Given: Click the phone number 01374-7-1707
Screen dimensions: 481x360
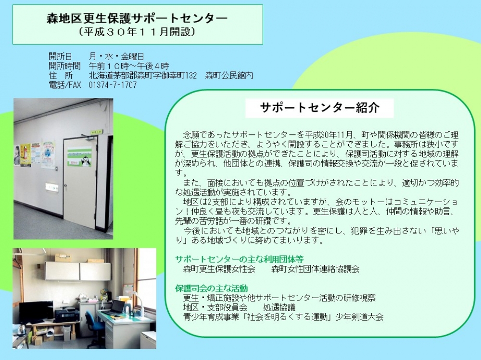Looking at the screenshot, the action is click(x=113, y=85).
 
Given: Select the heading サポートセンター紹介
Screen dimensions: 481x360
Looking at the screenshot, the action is click(x=320, y=108).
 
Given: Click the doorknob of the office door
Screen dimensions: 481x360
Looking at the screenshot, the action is click(x=65, y=185).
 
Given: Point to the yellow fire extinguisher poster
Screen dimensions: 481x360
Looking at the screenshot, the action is click(x=26, y=156).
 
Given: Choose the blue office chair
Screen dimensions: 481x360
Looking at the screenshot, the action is click(x=92, y=325).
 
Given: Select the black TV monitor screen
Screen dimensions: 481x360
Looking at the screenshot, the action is click(x=36, y=312).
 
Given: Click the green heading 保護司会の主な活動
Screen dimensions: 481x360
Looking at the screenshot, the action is click(x=212, y=288).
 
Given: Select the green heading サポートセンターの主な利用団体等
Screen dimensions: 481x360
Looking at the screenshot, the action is click(x=239, y=259).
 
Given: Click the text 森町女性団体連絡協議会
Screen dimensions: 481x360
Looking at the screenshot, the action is click(x=316, y=269).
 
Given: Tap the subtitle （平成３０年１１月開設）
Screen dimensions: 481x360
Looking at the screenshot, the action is click(x=137, y=32).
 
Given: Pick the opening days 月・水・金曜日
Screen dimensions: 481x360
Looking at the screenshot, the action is click(x=116, y=56).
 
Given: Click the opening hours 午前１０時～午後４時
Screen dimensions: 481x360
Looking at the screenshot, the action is click(x=129, y=66).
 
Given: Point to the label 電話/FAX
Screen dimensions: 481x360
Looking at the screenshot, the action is click(x=65, y=85).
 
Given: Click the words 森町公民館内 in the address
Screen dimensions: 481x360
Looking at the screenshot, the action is click(x=229, y=75).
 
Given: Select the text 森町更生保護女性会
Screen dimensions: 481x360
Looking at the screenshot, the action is click(x=219, y=269).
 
